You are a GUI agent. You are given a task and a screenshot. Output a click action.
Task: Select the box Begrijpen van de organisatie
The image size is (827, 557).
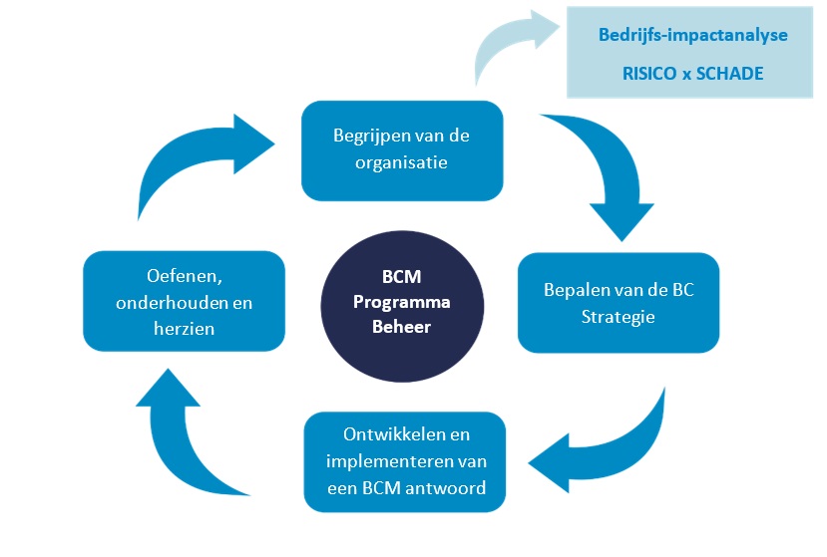coord(402,149)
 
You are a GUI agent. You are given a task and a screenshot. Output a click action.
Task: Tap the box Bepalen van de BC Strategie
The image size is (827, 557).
coord(619,303)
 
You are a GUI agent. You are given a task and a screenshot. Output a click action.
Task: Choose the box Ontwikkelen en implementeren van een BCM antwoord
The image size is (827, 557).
coord(404,461)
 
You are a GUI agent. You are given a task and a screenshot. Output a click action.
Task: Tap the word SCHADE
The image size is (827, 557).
coord(731,73)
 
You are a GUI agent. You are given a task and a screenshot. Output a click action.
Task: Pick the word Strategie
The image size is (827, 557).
coord(619,316)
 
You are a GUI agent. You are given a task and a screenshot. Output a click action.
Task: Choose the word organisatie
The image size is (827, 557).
coord(402,161)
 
